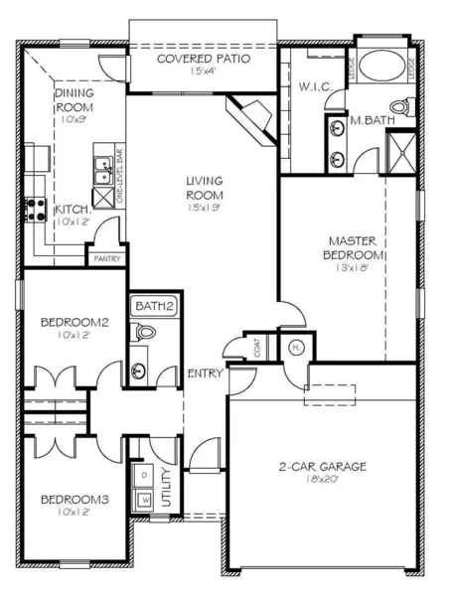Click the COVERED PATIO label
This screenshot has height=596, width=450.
(x=204, y=59)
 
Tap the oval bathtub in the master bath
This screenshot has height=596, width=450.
(x=382, y=68)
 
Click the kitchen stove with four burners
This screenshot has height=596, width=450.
(x=38, y=208)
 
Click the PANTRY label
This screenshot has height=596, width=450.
(x=106, y=259)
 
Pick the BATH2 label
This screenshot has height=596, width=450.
(x=154, y=306)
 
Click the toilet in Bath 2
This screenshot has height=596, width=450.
(x=140, y=336)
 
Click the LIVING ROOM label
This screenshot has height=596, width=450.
(x=205, y=187)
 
